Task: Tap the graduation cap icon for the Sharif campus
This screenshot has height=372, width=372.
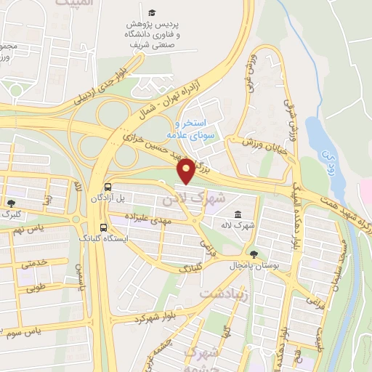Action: point(152,12)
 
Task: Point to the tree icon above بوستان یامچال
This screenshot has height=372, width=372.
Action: point(253,254)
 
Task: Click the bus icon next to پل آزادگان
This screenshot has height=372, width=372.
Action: point(108,186)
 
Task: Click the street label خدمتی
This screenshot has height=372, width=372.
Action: point(36,264)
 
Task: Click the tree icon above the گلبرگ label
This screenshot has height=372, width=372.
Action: point(12,203)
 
